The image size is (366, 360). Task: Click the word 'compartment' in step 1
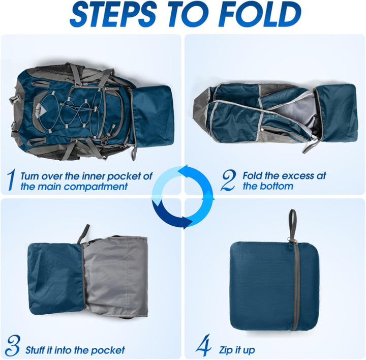(x=96, y=186)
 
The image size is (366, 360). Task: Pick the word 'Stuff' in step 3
(x=36, y=350)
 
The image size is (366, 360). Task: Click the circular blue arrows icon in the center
(x=183, y=196)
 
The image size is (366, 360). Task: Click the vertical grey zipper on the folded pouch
(x=295, y=285)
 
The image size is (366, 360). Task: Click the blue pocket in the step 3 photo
(x=55, y=278)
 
